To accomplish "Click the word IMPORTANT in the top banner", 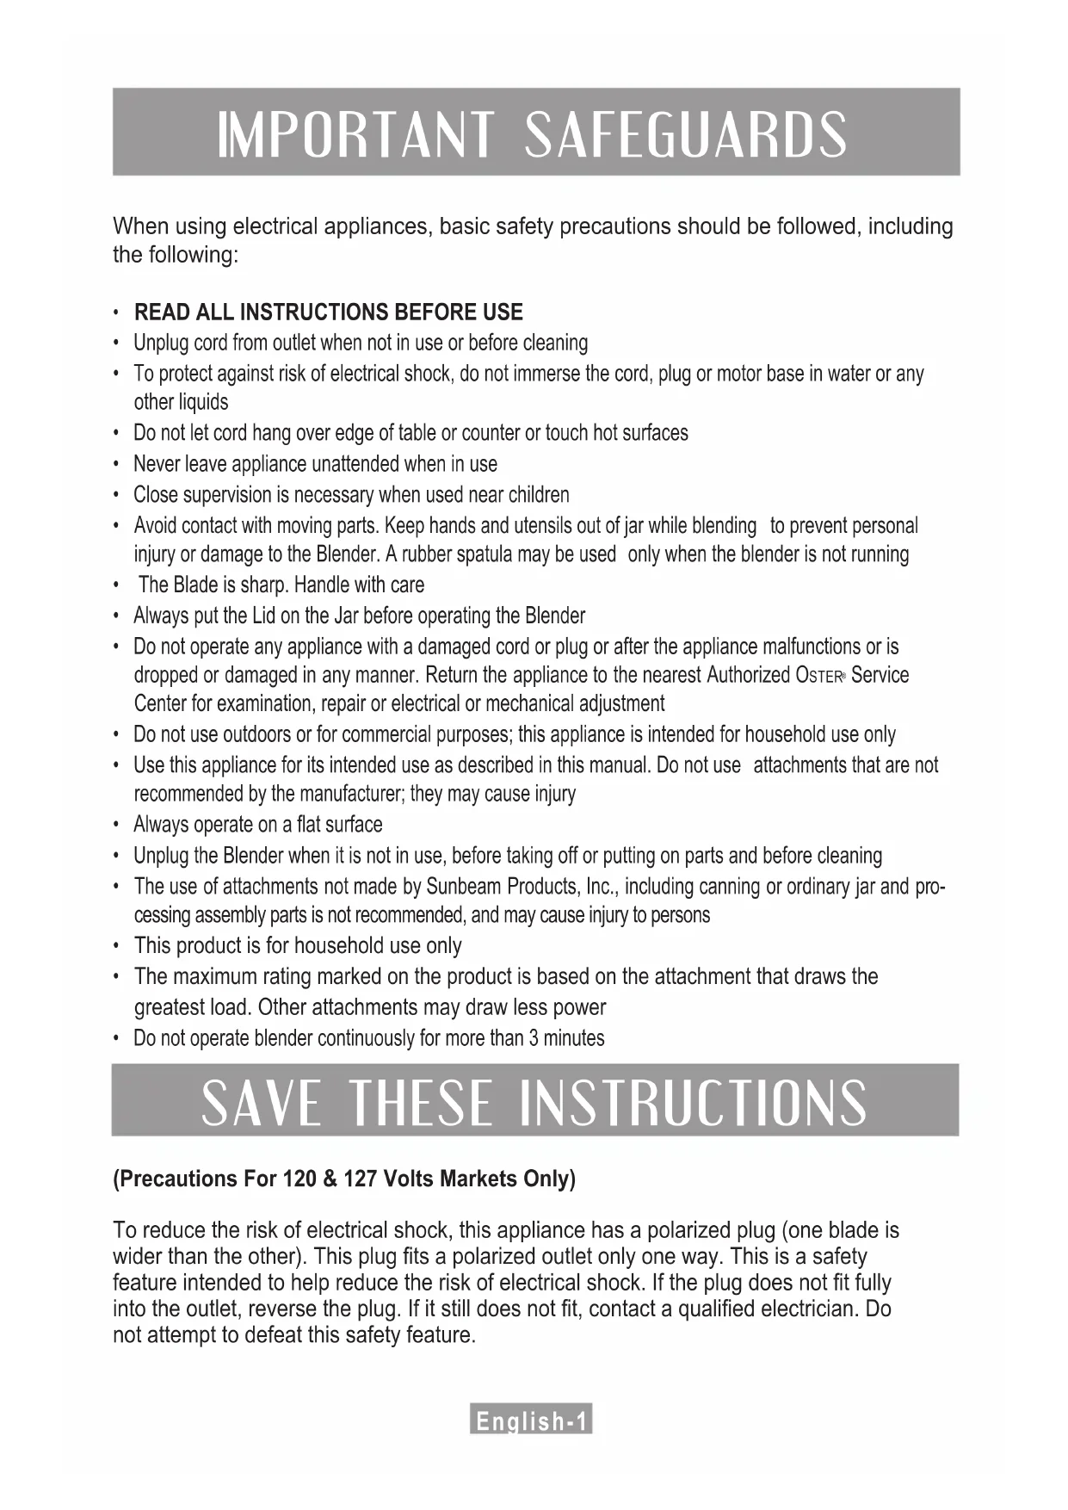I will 355,134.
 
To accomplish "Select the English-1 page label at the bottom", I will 531,1420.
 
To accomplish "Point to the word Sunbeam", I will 465,886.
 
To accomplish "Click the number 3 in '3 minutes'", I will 534,1038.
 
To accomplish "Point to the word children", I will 539,495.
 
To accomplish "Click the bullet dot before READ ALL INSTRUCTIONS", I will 116,313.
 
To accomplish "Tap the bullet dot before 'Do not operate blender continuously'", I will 116,1039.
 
